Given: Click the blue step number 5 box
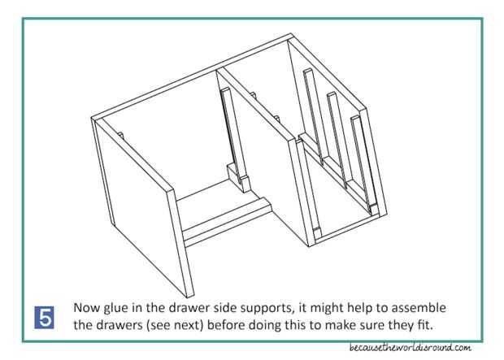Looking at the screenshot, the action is [44, 318].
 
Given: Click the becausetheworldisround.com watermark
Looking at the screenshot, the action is [411, 348].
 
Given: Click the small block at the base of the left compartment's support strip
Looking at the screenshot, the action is [239, 178].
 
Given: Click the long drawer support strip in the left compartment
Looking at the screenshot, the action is [233, 132].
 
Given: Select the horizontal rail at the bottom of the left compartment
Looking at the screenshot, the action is [227, 222].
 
